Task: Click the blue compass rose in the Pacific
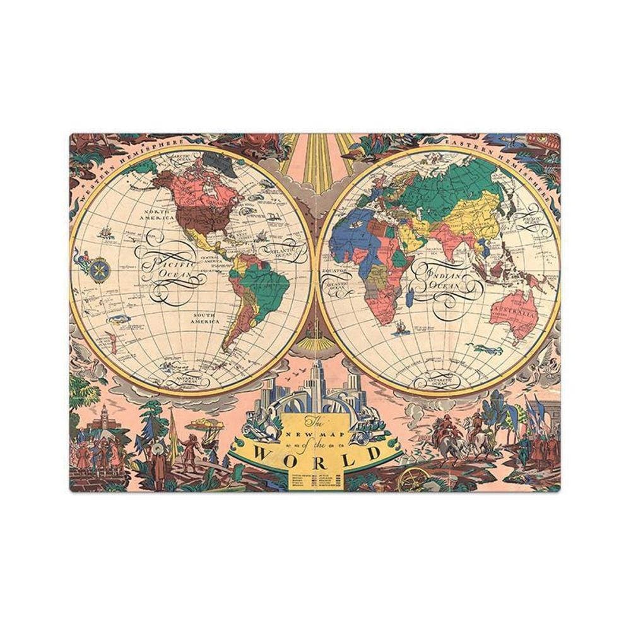98,269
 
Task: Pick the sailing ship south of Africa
398,327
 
